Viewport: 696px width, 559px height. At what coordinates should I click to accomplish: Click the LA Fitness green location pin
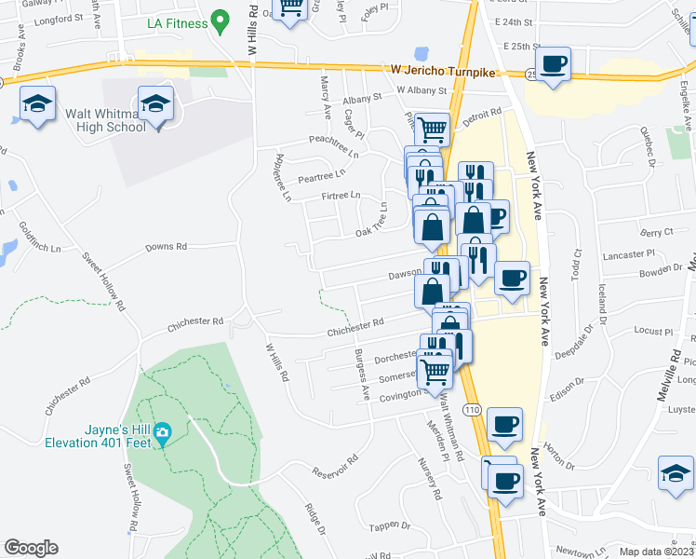(221, 20)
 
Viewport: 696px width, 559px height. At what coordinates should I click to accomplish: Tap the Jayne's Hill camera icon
(163, 431)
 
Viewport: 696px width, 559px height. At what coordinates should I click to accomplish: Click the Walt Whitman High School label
(105, 120)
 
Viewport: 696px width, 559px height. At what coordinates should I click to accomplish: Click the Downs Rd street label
(167, 247)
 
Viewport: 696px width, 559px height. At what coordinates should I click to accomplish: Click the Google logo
(32, 547)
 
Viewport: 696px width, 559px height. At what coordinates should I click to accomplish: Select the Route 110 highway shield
(474, 409)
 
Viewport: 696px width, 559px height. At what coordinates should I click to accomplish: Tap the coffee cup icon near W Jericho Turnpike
(554, 64)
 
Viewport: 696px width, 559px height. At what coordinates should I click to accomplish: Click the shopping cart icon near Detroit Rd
(431, 130)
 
